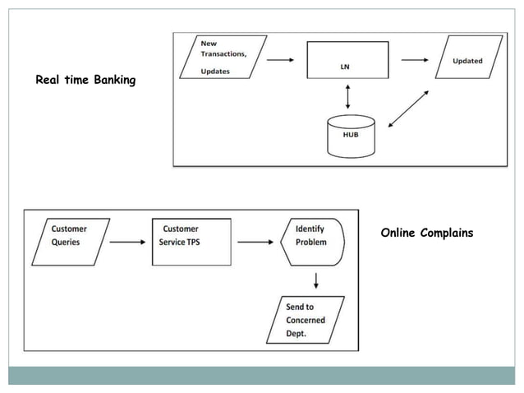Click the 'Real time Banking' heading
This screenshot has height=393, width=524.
[x=85, y=81]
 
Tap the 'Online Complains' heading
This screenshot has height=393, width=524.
[x=426, y=233]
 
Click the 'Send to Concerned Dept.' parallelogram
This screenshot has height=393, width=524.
[x=305, y=320]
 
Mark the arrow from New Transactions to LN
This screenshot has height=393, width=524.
[x=279, y=59]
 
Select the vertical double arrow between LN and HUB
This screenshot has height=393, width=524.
[x=349, y=97]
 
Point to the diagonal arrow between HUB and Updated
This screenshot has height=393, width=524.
[x=407, y=109]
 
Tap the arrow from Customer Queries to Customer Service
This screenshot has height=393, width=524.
[x=128, y=242]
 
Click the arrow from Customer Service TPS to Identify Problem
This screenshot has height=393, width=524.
[x=255, y=242]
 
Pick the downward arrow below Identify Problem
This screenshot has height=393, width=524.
[x=316, y=280]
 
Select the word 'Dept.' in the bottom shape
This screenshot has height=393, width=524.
[x=296, y=333]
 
